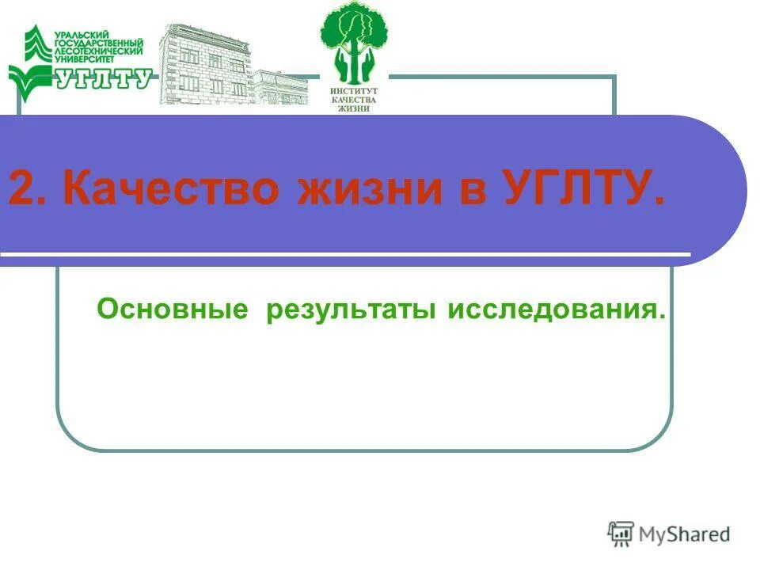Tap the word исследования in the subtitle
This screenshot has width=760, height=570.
point(557,309)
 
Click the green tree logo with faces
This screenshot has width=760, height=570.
point(354,44)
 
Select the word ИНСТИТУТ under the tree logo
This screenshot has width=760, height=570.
point(354,92)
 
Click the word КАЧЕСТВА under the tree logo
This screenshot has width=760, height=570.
point(354,101)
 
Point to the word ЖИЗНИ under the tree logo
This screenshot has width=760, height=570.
point(354,109)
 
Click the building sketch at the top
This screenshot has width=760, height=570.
point(230,67)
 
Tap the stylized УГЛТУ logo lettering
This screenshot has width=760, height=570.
point(103,78)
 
